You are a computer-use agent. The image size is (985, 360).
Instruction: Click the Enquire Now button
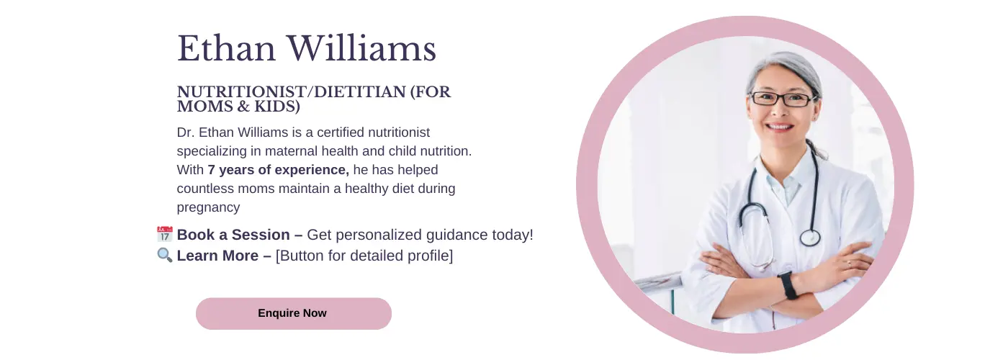293,313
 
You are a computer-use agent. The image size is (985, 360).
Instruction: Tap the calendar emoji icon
164,234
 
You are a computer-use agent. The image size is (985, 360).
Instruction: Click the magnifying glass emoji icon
164,255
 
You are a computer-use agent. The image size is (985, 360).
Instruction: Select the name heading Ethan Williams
307,48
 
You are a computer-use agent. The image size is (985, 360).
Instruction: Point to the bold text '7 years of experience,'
279,170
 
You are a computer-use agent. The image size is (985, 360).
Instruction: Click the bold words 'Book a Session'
233,235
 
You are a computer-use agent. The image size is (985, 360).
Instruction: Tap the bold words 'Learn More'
217,256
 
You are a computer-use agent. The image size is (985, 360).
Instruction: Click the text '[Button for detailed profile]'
364,256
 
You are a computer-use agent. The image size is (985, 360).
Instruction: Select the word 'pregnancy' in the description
208,207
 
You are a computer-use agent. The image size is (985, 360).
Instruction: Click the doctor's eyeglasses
782,99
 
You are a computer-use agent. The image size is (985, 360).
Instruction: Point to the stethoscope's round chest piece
810,238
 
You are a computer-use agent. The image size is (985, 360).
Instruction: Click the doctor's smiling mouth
779,127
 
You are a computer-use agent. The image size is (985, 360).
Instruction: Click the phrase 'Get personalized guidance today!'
420,235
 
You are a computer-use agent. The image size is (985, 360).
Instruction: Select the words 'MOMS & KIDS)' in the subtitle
238,107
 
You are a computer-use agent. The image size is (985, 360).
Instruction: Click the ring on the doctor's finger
849,264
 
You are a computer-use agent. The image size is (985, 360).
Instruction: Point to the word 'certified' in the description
341,132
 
